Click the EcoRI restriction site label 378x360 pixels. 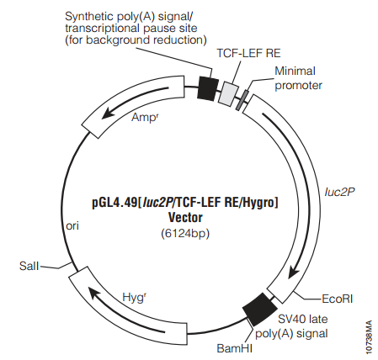pyautogui.click(x=337, y=299)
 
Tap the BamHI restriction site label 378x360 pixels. pyautogui.click(x=235, y=348)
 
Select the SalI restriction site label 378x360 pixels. pyautogui.click(x=29, y=266)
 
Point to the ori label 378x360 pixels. pyautogui.click(x=72, y=225)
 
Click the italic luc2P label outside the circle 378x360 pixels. pyautogui.click(x=340, y=192)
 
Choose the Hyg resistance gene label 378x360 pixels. pyautogui.click(x=135, y=298)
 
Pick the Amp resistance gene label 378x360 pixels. pyautogui.click(x=145, y=117)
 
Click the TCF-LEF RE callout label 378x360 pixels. pyautogui.click(x=248, y=53)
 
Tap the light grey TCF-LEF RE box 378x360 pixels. pyautogui.click(x=229, y=93)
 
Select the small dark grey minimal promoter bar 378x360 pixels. pyautogui.click(x=242, y=100)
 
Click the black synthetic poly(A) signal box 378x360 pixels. pyautogui.click(x=208, y=88)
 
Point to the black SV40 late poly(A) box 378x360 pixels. pyautogui.click(x=259, y=310)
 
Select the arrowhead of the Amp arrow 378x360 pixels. pyautogui.click(x=108, y=113)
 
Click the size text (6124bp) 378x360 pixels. pyautogui.click(x=185, y=233)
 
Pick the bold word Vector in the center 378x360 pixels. pyautogui.click(x=185, y=218)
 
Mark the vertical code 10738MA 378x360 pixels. pyautogui.click(x=369, y=337)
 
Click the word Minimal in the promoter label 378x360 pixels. pyautogui.click(x=295, y=71)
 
